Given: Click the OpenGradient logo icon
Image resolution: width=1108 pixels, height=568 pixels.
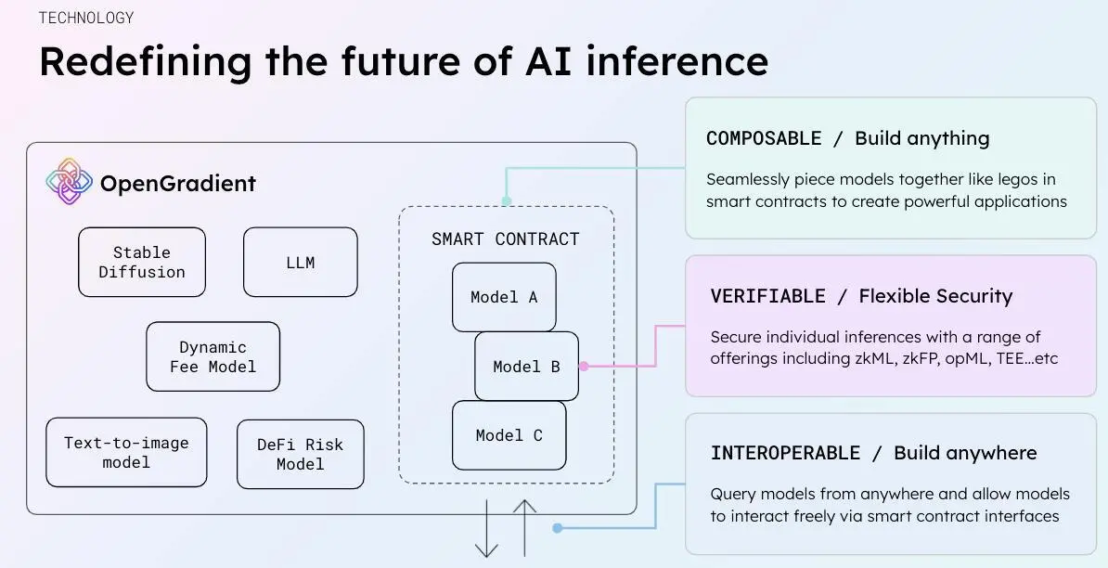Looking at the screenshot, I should pos(70,181).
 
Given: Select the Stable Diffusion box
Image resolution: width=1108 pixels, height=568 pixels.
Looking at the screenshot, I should pos(142,263).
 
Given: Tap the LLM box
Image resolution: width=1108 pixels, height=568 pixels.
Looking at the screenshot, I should pos(300,263).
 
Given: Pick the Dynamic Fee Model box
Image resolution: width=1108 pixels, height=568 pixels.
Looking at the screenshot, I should pos(213,356).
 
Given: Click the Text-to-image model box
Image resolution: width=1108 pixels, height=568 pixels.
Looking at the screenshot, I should pos(126,452).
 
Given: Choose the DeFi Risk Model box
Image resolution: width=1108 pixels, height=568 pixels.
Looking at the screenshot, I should pos(300,454).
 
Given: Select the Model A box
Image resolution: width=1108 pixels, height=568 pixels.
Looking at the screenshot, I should pos(504,297).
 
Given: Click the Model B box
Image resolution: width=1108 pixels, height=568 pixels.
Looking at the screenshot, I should pos(526,367).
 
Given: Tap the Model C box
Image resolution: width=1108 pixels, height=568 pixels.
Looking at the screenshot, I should pos(509,435).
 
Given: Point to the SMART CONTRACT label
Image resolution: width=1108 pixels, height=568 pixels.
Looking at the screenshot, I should pos(505,239).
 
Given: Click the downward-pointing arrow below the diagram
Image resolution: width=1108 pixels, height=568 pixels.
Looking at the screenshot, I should pos(486,529).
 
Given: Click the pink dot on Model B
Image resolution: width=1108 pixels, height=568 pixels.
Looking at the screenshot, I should pos(584,367).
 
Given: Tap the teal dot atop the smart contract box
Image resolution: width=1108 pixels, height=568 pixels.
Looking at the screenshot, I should pos(507,200).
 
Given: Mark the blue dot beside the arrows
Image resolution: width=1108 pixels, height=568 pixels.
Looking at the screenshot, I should pos(557,528).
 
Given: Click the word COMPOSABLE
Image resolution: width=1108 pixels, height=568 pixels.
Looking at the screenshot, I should pos(764,138).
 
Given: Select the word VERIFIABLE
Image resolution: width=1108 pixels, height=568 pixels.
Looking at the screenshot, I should pos(767,296).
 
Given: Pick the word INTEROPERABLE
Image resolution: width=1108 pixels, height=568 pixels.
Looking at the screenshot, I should pos(785,453).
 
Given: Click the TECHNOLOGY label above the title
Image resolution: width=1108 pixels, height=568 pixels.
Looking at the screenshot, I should pos(86,18).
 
